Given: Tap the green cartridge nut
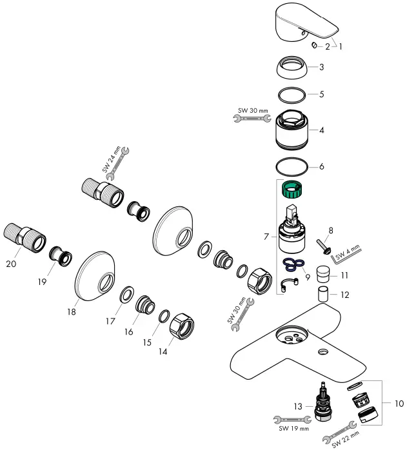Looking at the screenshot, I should tap(293, 191).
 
